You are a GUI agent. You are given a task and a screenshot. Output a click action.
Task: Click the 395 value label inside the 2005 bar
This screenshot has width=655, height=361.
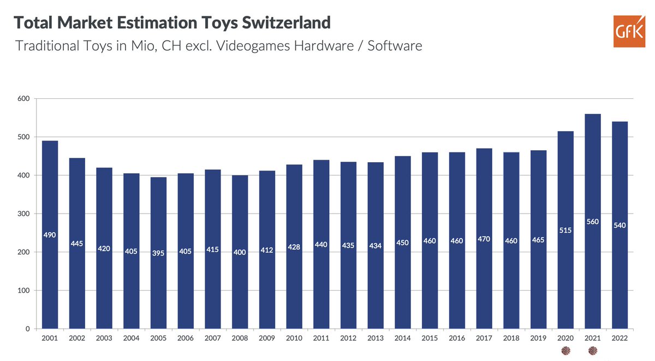(x=159, y=252)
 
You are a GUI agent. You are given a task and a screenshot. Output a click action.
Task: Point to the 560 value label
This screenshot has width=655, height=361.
(x=592, y=222)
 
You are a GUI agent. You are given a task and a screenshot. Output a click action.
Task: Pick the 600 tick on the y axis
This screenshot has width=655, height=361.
(x=24, y=99)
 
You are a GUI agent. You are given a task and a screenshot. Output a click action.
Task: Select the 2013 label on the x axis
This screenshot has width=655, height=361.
(x=376, y=338)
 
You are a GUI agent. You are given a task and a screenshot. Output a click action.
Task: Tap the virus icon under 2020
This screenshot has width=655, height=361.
(x=565, y=351)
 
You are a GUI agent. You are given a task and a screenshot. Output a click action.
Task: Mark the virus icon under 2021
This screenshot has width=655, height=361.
(x=592, y=351)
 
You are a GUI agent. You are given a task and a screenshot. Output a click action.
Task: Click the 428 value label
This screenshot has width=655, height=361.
(x=294, y=247)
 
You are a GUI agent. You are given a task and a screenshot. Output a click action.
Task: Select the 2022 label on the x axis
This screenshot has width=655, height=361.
(x=620, y=338)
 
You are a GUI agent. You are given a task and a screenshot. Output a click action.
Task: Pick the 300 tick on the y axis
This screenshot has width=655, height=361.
(x=24, y=214)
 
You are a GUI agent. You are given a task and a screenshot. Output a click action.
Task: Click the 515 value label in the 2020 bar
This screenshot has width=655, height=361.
(x=565, y=230)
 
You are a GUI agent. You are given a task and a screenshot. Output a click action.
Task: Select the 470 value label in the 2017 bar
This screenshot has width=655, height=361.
(x=484, y=239)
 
